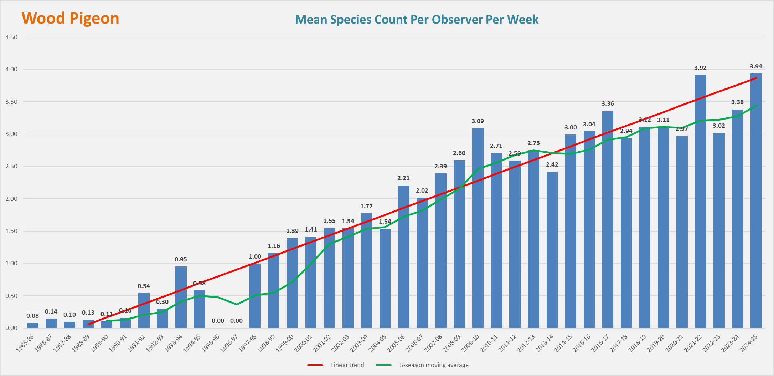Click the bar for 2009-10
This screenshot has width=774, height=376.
point(478,228)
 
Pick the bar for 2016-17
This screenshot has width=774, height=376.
point(608,219)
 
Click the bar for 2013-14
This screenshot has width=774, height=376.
point(552,250)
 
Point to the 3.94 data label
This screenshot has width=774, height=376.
point(756,67)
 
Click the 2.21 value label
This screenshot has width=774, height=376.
point(403,178)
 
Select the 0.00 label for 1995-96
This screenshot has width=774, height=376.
point(218,321)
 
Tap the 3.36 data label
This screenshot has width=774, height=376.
point(608,103)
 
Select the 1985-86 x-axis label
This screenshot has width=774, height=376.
point(25,343)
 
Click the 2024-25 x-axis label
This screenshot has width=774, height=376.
point(749,343)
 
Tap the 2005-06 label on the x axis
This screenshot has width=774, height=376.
point(396,343)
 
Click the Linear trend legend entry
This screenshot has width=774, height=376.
point(347,365)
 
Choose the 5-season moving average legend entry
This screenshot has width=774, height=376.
point(434,365)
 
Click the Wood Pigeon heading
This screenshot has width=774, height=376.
point(70,18)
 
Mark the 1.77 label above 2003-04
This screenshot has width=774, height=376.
point(366,206)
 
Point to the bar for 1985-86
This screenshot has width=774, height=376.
point(32,325)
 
